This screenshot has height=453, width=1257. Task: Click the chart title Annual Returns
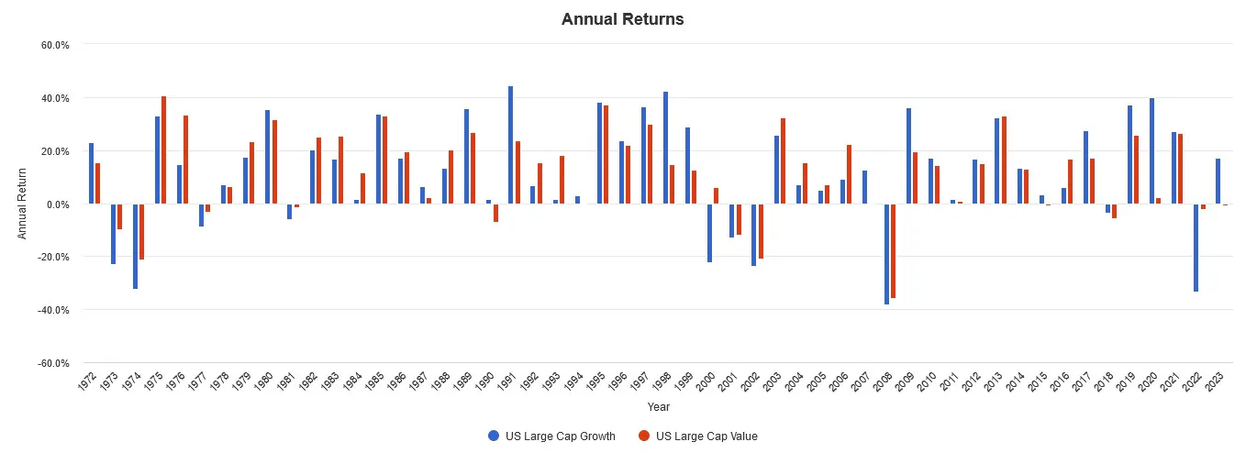[622, 18]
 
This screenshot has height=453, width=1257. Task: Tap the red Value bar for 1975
[163, 149]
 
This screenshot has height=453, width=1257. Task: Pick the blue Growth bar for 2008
[886, 253]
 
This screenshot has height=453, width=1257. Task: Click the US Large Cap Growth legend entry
[551, 436]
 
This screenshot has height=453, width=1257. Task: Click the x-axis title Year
[658, 406]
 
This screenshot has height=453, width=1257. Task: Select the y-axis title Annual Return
[22, 204]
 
